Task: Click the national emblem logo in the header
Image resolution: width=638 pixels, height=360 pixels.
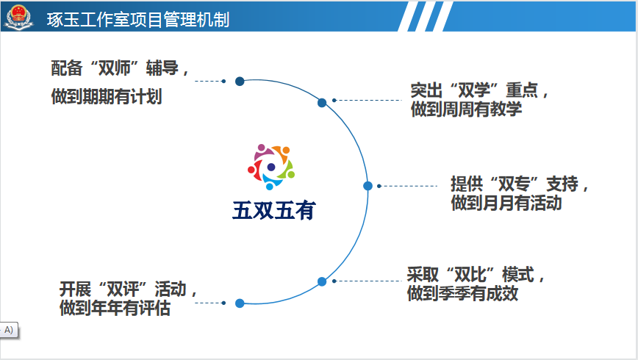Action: click(x=18, y=17)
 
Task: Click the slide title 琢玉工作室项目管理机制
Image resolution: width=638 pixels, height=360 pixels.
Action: click(x=138, y=20)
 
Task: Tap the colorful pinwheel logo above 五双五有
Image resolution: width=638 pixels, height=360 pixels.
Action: click(x=271, y=167)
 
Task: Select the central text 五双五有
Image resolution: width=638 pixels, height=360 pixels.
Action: click(x=274, y=210)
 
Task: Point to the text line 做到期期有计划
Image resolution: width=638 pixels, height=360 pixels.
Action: click(x=107, y=97)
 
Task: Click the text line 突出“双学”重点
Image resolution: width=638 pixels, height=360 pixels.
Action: click(x=479, y=90)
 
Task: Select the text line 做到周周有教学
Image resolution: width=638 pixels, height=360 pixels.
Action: click(x=466, y=109)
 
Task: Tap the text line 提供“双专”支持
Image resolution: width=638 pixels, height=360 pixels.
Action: click(x=519, y=184)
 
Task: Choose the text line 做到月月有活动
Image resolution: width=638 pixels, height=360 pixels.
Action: click(x=506, y=203)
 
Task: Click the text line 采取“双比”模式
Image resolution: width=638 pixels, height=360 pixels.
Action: click(x=476, y=275)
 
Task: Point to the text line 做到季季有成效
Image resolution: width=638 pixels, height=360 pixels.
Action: click(x=462, y=293)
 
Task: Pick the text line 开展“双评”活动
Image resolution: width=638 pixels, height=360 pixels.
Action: click(x=128, y=289)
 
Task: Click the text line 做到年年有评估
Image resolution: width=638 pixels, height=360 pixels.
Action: click(x=115, y=308)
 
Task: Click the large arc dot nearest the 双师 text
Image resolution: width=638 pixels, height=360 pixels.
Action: click(x=240, y=82)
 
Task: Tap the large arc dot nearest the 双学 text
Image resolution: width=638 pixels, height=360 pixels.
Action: click(x=322, y=103)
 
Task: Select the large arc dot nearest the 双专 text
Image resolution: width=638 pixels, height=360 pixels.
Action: click(x=368, y=186)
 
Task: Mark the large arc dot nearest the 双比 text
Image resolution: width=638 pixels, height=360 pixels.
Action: click(x=322, y=281)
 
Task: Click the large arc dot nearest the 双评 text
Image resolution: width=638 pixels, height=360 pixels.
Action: click(x=240, y=303)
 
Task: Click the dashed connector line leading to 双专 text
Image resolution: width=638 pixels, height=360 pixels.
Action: click(x=407, y=186)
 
